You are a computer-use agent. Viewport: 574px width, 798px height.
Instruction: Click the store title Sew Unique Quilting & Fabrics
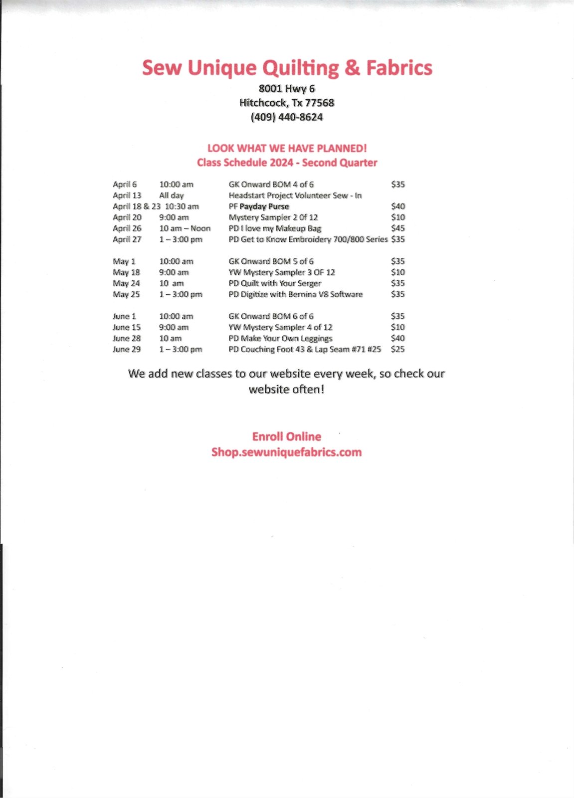pyautogui.click(x=287, y=68)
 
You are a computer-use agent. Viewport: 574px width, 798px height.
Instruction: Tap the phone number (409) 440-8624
pyautogui.click(x=287, y=117)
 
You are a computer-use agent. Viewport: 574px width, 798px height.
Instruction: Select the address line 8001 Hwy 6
pyautogui.click(x=287, y=89)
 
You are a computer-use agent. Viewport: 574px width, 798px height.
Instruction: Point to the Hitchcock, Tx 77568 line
pyautogui.click(x=287, y=103)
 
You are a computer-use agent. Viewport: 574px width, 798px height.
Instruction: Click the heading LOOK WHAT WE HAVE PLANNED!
pyautogui.click(x=287, y=148)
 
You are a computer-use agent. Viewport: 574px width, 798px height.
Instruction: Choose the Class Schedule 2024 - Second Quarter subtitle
pyautogui.click(x=287, y=163)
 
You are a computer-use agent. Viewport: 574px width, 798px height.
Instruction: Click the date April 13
pyautogui.click(x=127, y=196)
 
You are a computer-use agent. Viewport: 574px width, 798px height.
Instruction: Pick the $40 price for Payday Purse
pyautogui.click(x=398, y=206)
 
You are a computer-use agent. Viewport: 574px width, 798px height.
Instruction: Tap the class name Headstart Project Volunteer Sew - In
pyautogui.click(x=295, y=196)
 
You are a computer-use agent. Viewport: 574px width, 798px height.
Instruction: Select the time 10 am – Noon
pyautogui.click(x=185, y=228)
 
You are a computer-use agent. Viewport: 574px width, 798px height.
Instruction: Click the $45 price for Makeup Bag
pyautogui.click(x=398, y=228)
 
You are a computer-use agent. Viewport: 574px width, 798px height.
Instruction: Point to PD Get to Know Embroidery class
pyautogui.click(x=308, y=239)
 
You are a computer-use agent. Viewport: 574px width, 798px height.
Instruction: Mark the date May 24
pyautogui.click(x=126, y=283)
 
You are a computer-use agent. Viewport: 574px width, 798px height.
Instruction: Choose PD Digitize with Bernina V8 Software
pyautogui.click(x=295, y=294)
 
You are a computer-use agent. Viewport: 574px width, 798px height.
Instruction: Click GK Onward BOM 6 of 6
pyautogui.click(x=271, y=316)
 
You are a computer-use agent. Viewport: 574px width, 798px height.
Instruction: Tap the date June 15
pyautogui.click(x=127, y=327)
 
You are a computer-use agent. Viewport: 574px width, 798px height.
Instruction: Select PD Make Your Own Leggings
pyautogui.click(x=280, y=338)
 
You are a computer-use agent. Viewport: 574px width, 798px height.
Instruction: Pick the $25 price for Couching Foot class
pyautogui.click(x=398, y=349)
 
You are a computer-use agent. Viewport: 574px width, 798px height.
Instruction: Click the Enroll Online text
pyautogui.click(x=287, y=437)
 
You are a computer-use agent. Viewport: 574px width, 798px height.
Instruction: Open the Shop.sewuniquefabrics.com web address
pyautogui.click(x=287, y=452)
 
